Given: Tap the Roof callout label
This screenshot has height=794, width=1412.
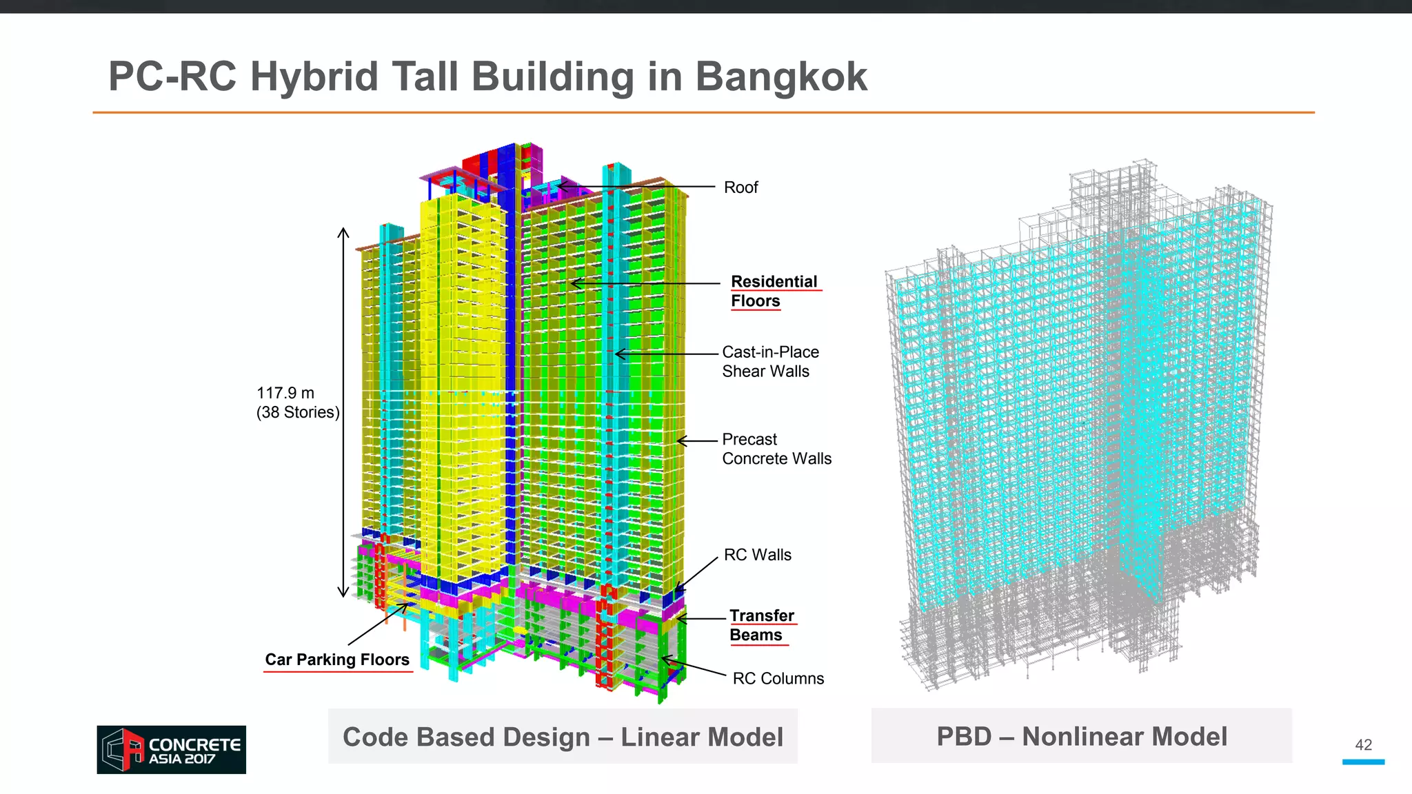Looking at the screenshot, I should pos(740,187).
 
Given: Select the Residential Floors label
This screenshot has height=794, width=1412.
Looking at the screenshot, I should pos(774,291).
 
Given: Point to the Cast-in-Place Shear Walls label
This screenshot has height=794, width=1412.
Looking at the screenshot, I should pos(770,362).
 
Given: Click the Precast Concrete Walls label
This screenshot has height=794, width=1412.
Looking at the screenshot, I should pos(776,449).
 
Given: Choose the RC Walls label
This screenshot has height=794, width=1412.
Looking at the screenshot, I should pos(757,555).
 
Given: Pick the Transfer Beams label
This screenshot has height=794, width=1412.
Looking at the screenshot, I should pos(761,625).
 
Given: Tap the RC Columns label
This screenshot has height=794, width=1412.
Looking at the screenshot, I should pos(778,678).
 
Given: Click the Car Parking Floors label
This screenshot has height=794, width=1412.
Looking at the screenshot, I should pos(337,660).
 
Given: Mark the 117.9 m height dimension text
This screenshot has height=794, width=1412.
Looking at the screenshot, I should pos(285,393).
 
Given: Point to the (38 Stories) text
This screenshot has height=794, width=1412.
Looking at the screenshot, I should pos(298,412).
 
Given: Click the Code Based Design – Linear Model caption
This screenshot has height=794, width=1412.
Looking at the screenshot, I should pos(563,737).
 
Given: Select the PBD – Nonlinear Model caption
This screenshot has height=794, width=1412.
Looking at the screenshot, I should pos(1081,736).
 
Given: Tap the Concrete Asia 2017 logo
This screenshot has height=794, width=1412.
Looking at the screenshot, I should pos(171,749).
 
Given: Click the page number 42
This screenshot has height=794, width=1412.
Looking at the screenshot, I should pos(1363,744).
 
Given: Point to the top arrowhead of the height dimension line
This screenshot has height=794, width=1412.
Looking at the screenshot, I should pos(343,232).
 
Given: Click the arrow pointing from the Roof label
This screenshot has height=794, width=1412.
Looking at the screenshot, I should pos(634,186).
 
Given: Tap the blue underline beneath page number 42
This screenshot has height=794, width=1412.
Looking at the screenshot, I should pos(1363,762).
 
